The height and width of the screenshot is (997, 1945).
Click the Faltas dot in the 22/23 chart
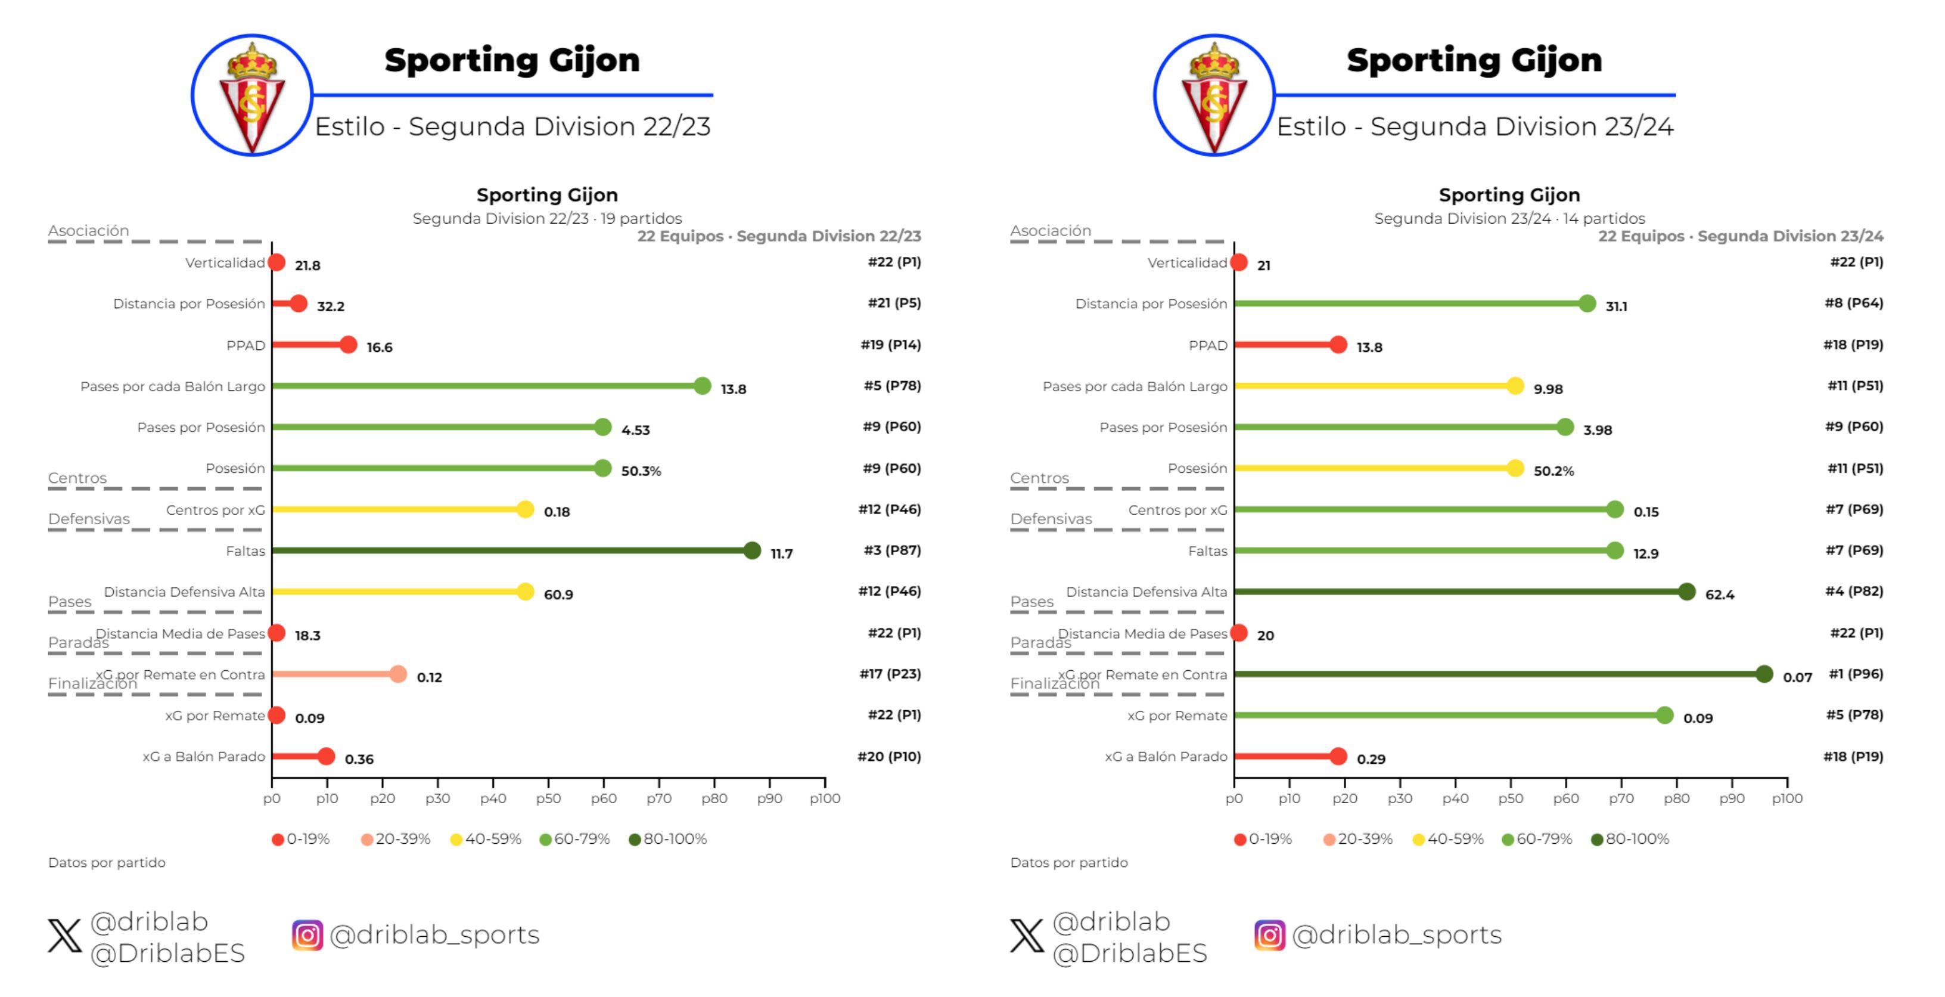tap(752, 550)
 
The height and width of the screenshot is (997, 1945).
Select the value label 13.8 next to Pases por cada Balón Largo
tap(733, 389)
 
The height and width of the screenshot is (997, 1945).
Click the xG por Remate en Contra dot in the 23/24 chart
tap(1764, 674)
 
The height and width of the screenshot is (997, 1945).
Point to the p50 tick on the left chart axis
tap(548, 798)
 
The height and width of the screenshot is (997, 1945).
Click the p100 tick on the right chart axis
tap(1786, 798)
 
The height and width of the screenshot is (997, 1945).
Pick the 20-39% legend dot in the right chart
tap(1329, 840)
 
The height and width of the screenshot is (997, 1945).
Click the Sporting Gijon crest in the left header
tap(251, 96)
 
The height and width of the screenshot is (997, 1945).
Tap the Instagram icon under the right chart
tap(1269, 935)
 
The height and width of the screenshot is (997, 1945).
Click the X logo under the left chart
tap(64, 935)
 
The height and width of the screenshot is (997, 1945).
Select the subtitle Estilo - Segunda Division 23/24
tap(1475, 127)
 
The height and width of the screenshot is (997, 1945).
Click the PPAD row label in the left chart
tap(246, 345)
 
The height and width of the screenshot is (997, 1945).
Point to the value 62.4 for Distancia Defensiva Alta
tap(1719, 595)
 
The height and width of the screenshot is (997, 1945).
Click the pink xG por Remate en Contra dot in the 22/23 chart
tap(399, 674)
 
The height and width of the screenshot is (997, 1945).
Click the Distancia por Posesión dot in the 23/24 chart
tap(1587, 304)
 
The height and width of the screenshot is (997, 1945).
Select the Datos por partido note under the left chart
tap(107, 863)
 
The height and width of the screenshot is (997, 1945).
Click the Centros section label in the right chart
tap(1039, 478)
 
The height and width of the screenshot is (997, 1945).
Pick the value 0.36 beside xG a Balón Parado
tap(359, 759)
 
